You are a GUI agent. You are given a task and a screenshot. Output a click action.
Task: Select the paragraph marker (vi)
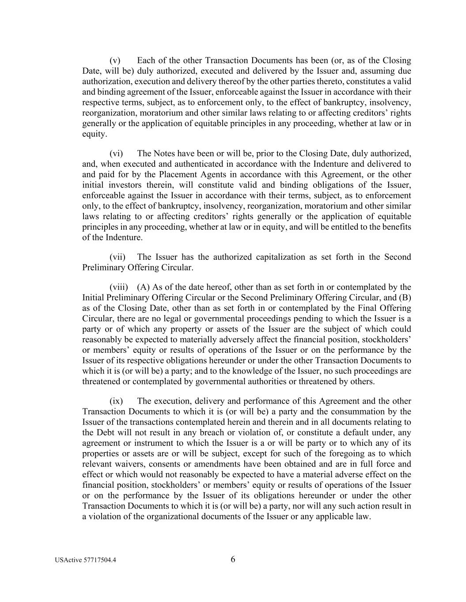pos(116,153)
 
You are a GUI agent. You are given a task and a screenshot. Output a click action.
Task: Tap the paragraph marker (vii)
pos(117,257)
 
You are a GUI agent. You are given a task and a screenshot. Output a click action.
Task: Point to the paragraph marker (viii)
pos(119,287)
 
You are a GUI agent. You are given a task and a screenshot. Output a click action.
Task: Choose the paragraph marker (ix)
pos(116,401)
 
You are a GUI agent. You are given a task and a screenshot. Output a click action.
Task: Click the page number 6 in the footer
pos(233,560)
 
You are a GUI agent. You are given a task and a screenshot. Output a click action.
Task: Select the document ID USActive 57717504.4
pos(86,561)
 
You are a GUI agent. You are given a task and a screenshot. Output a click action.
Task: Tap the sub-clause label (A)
pos(144,287)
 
